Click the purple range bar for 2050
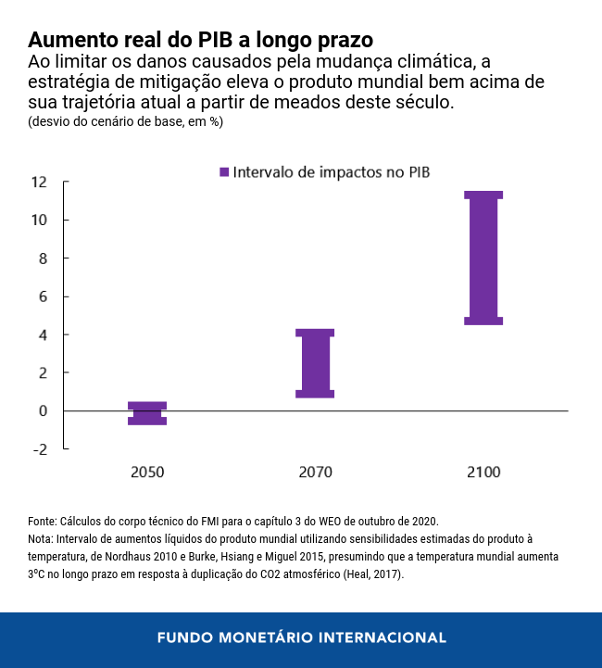click(x=147, y=413)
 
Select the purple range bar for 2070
click(x=315, y=363)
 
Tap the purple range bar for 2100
click(x=483, y=258)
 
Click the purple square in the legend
click(x=223, y=171)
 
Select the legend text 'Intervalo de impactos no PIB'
click(x=332, y=171)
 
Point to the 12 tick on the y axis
click(x=39, y=182)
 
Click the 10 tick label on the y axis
click(x=39, y=220)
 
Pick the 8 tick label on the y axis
click(x=43, y=258)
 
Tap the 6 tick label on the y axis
click(x=43, y=296)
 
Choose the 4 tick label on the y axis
click(x=43, y=334)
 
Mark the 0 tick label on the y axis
click(x=43, y=410)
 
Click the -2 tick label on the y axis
click(x=39, y=449)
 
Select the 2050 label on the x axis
click(x=147, y=472)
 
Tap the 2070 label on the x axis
click(x=315, y=472)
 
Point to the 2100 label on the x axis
click(x=483, y=472)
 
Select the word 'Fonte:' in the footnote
click(x=43, y=521)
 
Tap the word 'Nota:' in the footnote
click(x=42, y=538)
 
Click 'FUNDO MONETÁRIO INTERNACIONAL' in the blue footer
click(x=301, y=638)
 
